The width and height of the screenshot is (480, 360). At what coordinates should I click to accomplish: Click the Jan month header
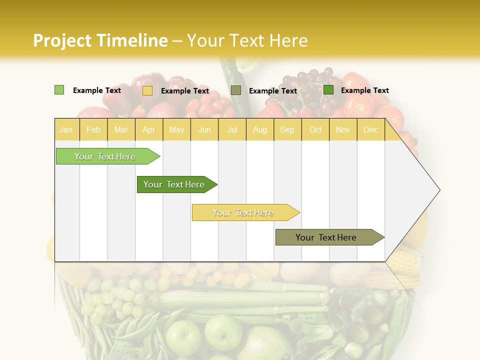pyautogui.click(x=66, y=130)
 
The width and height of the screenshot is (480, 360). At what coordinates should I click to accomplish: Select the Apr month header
pyautogui.click(x=149, y=130)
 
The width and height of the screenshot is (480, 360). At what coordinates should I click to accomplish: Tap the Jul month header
pyautogui.click(x=232, y=130)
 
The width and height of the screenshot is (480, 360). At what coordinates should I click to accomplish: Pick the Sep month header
pyautogui.click(x=287, y=130)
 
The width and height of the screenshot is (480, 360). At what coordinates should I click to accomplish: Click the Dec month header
pyautogui.click(x=370, y=130)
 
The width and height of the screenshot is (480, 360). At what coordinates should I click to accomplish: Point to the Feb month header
pyautogui.click(x=93, y=130)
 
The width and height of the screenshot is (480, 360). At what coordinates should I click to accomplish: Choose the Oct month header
pyautogui.click(x=315, y=130)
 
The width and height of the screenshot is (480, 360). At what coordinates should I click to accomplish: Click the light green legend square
pyautogui.click(x=59, y=90)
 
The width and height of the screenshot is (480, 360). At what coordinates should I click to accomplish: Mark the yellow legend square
pyautogui.click(x=147, y=90)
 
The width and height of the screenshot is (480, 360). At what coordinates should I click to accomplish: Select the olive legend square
pyautogui.click(x=236, y=90)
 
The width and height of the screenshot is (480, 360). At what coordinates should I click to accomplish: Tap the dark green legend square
pyautogui.click(x=328, y=90)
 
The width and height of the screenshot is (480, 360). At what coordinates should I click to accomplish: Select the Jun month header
pyautogui.click(x=204, y=130)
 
